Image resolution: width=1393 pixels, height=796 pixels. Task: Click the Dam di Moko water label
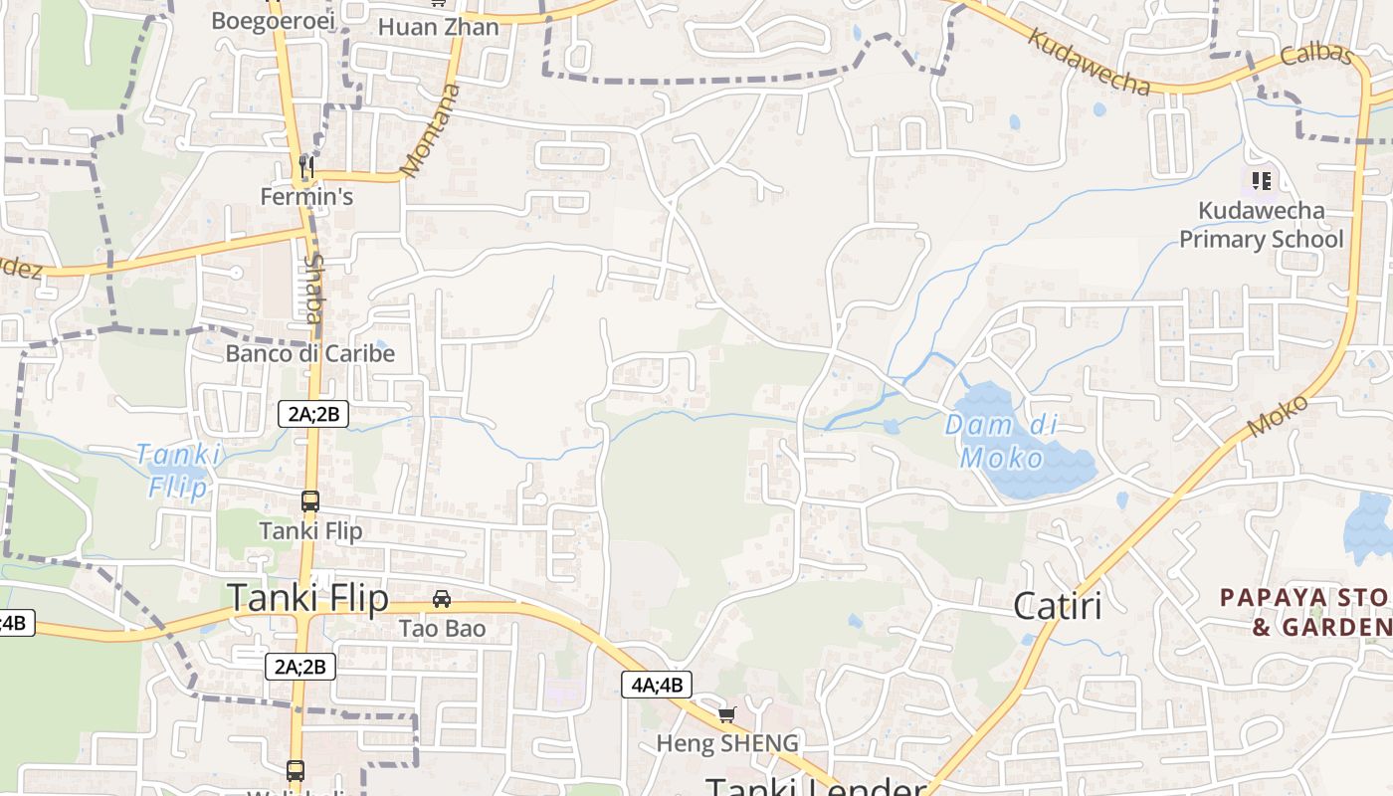(1000, 441)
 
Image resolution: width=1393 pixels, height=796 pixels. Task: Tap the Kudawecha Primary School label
(1261, 225)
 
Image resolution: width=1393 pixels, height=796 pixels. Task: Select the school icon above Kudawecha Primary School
(1262, 180)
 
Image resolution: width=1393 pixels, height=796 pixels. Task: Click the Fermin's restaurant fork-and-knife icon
(306, 166)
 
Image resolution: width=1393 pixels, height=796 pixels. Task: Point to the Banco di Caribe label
(309, 353)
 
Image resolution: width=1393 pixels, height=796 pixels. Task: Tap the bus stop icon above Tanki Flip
(310, 501)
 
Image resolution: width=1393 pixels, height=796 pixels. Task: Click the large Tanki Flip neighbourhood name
(307, 597)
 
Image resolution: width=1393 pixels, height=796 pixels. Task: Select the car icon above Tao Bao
(442, 599)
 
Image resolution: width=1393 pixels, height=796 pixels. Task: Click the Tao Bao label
(442, 629)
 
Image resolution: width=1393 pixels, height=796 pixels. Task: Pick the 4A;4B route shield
(657, 685)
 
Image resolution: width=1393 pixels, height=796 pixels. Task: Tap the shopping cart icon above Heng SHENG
(727, 714)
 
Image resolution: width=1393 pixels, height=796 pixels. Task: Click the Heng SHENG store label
(726, 743)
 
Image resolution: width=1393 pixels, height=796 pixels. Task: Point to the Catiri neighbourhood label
(1057, 605)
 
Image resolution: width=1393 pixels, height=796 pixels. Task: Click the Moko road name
(1278, 415)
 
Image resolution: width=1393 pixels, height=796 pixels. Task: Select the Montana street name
(432, 130)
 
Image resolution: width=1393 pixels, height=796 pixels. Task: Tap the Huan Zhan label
(438, 27)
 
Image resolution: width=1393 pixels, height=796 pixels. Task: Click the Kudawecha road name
(1089, 62)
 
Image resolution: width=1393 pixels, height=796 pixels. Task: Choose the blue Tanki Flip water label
(179, 471)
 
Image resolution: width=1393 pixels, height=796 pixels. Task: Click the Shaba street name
(313, 290)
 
